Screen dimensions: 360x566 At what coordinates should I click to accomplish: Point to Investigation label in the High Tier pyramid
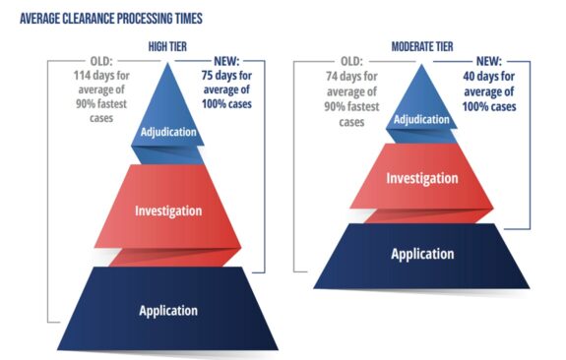pyautogui.click(x=168, y=210)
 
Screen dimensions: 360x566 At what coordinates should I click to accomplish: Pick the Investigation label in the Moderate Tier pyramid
pyautogui.click(x=421, y=179)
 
